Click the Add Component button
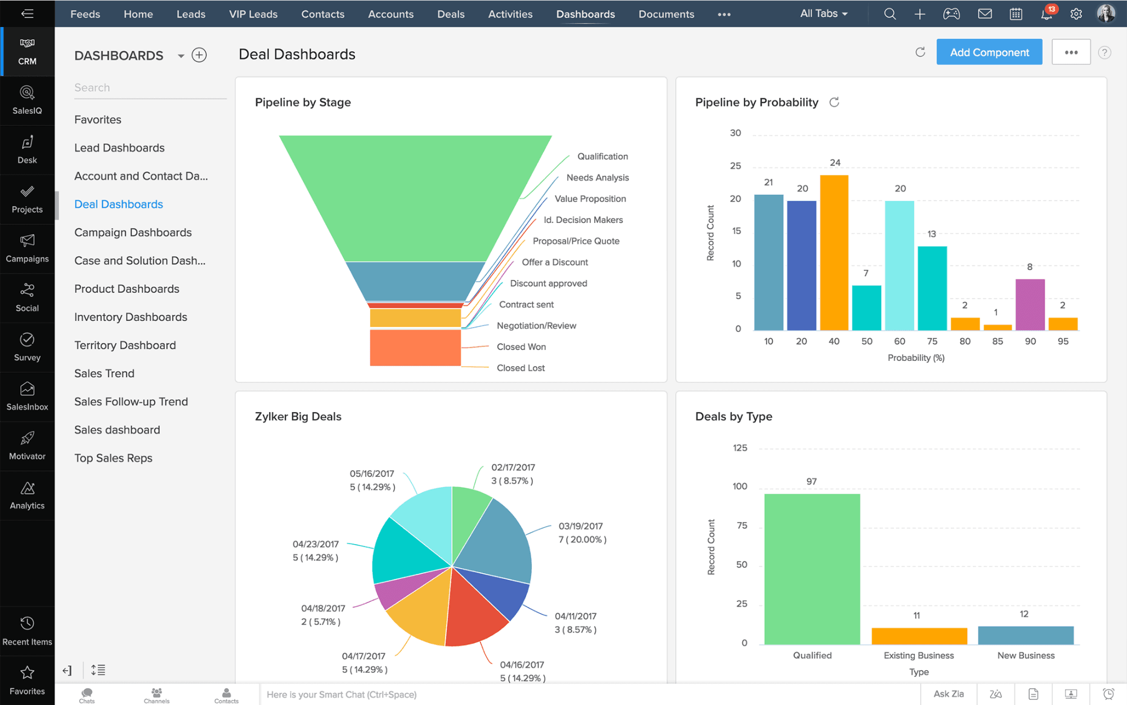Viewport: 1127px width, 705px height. (x=989, y=52)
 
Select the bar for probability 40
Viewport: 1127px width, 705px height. (x=834, y=253)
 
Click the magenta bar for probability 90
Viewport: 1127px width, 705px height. (x=1030, y=305)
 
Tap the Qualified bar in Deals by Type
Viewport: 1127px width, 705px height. (x=811, y=569)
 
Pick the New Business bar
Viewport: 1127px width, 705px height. (x=1025, y=635)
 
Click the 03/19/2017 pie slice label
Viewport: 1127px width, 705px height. (x=581, y=532)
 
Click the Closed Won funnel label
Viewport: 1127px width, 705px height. (x=521, y=347)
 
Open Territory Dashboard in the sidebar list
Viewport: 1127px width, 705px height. (x=125, y=345)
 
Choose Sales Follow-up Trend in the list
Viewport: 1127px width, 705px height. (x=131, y=401)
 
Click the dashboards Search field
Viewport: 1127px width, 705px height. (x=149, y=88)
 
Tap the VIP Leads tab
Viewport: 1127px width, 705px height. (x=253, y=14)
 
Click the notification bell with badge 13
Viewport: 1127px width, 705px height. (x=1047, y=14)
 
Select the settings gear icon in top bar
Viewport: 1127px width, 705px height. (x=1076, y=14)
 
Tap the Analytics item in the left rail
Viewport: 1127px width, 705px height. (x=27, y=496)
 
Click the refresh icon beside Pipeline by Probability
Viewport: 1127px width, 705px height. (x=834, y=102)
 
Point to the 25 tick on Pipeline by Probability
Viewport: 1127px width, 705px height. (x=735, y=166)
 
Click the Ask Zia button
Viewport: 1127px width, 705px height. (x=948, y=694)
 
